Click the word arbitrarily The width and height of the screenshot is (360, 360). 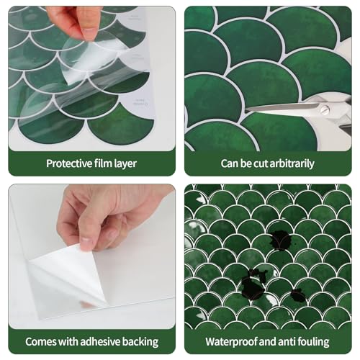[x=287, y=163]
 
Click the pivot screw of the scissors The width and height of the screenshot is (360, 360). [x=325, y=110]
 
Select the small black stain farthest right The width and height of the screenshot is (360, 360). [x=297, y=294]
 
